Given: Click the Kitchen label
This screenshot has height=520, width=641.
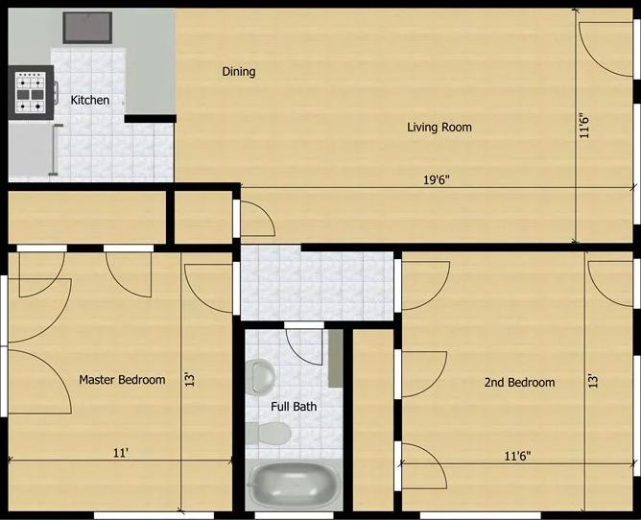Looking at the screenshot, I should pyautogui.click(x=90, y=100).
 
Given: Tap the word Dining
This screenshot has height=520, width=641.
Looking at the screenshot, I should pyautogui.click(x=239, y=72).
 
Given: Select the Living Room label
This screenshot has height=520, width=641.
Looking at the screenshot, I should pyautogui.click(x=439, y=127).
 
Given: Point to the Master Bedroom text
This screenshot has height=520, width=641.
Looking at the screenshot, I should pyautogui.click(x=122, y=380).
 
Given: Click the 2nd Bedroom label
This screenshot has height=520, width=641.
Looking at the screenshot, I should pyautogui.click(x=519, y=382).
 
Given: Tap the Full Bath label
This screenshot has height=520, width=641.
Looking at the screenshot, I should pyautogui.click(x=293, y=407).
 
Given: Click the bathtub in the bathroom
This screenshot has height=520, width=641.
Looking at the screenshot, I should pyautogui.click(x=294, y=485).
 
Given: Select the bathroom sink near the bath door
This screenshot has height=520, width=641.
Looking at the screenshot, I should pyautogui.click(x=259, y=375).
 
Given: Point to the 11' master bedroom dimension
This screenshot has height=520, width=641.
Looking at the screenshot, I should pyautogui.click(x=120, y=453).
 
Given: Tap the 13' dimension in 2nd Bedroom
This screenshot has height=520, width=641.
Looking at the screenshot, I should pyautogui.click(x=594, y=381).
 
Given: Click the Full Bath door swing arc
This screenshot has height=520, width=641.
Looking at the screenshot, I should pyautogui.click(x=305, y=341).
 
